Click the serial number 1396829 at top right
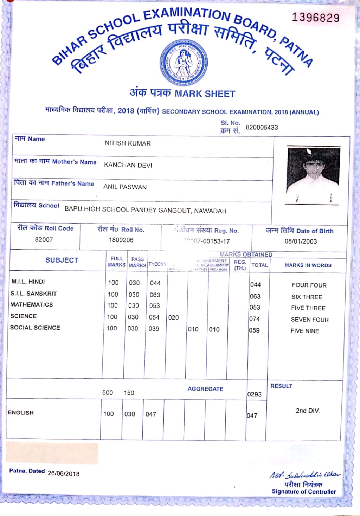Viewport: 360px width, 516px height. (315, 18)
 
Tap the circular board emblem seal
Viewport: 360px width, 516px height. (183, 63)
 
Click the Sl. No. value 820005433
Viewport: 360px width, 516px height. (262, 127)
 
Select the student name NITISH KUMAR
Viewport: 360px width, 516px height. (128, 143)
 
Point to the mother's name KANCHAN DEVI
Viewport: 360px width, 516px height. (128, 165)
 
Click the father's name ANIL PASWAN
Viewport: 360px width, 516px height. (125, 187)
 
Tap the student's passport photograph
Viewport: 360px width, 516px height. (313, 175)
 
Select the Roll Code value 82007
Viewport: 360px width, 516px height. (44, 239)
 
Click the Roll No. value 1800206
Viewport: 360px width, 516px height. (121, 240)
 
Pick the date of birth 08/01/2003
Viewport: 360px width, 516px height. (301, 241)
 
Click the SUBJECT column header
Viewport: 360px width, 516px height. (62, 260)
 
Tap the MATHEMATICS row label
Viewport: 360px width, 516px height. (32, 304)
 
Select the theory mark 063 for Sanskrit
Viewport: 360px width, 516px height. (155, 295)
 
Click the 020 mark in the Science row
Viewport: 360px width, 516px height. (173, 317)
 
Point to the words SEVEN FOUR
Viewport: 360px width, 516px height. (310, 320)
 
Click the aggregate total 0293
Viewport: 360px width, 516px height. (254, 394)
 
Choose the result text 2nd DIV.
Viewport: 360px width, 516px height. (308, 411)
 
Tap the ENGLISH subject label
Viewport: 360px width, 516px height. (21, 413)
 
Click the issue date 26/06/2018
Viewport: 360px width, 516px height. (64, 473)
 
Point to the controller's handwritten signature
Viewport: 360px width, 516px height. (304, 475)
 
